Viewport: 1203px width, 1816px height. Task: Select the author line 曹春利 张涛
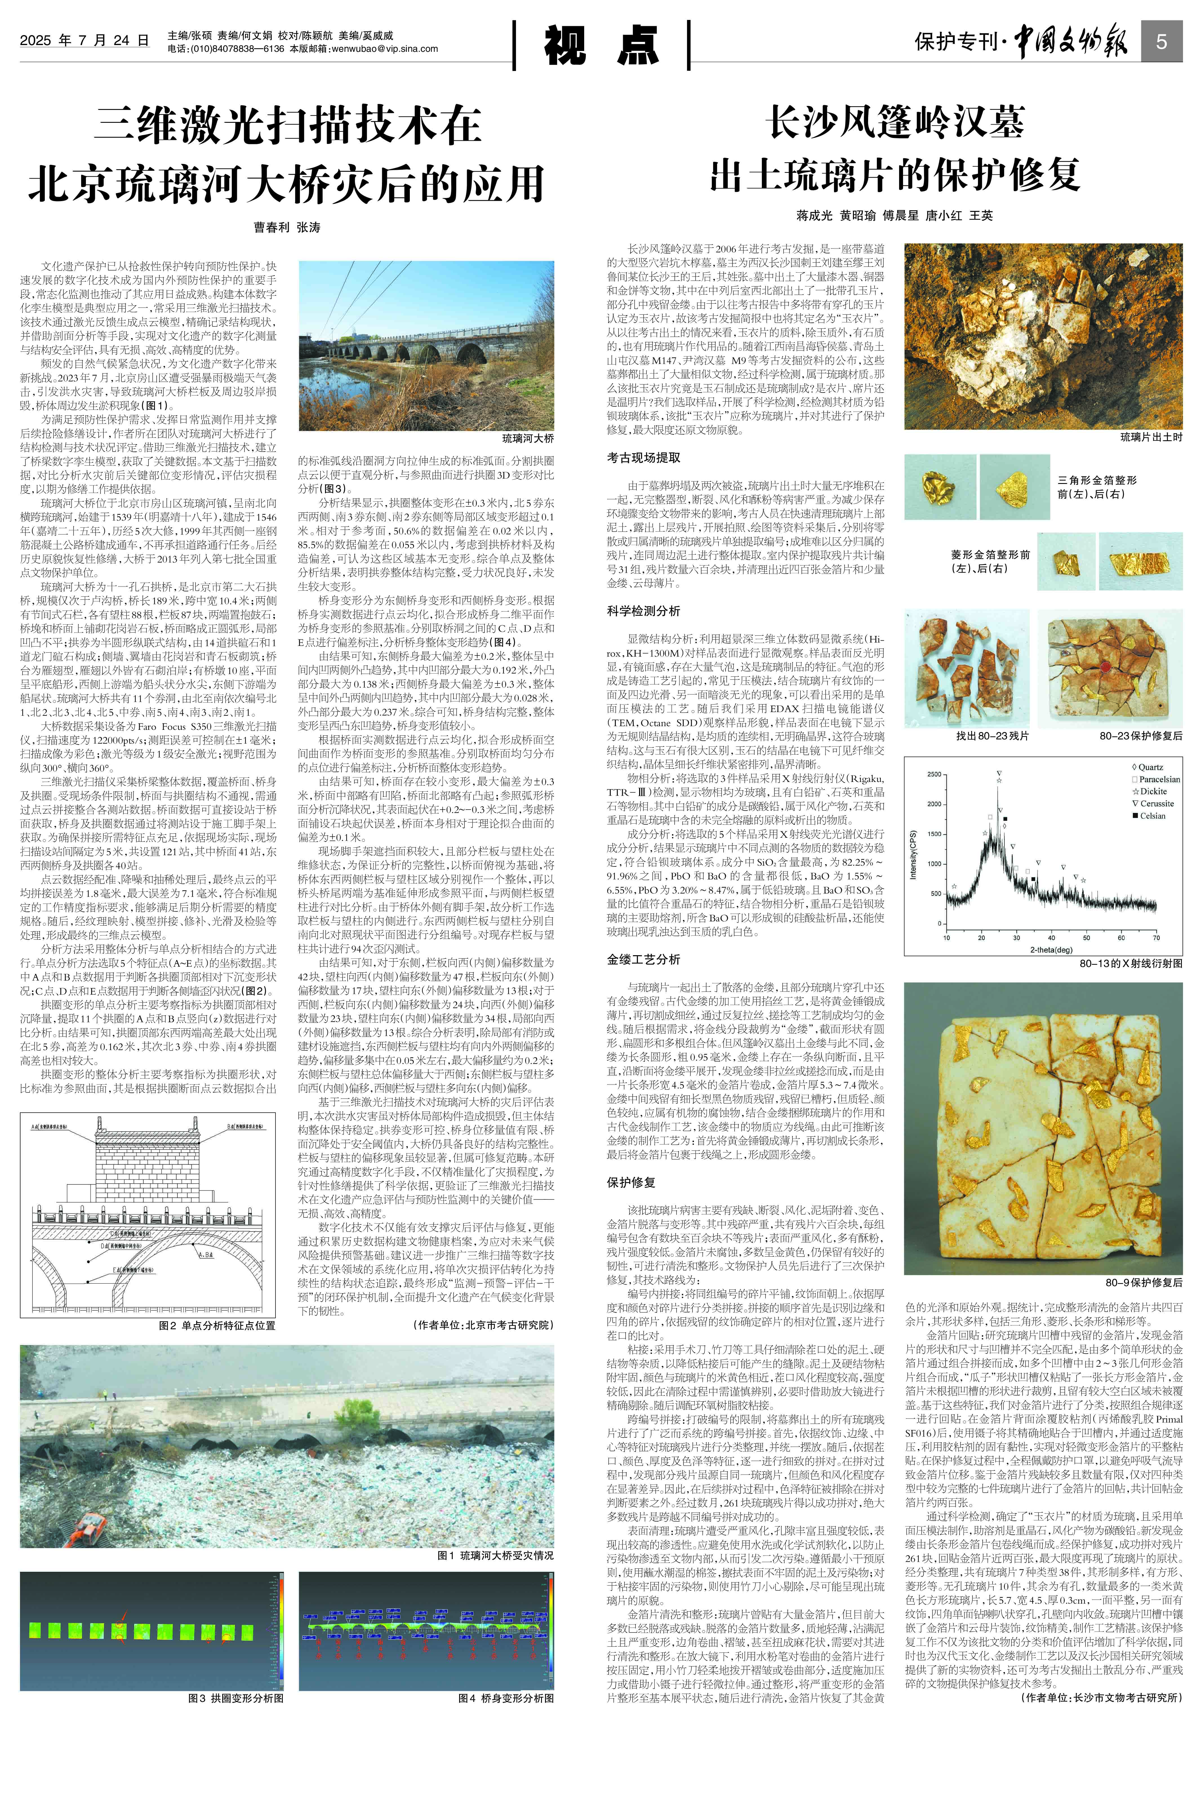coord(287,228)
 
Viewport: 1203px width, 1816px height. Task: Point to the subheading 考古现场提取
coord(643,457)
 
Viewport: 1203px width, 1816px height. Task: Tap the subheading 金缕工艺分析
coord(643,959)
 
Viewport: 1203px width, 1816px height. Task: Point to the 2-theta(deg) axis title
coord(1051,950)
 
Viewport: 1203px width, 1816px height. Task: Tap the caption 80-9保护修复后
coord(1143,1282)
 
